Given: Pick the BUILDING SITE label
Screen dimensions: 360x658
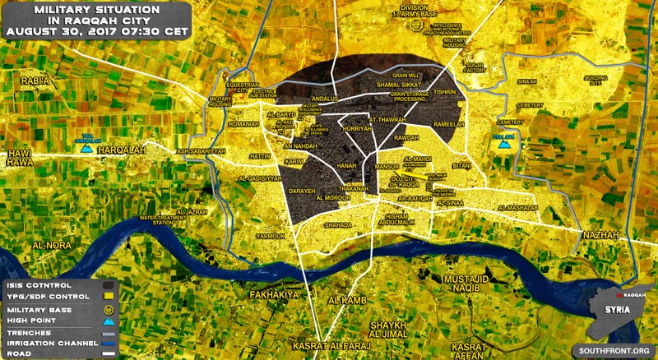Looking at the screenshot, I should (596, 79).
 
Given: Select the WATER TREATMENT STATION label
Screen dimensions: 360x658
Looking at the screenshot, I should (161, 219).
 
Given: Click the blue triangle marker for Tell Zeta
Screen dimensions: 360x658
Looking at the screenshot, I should (505, 145).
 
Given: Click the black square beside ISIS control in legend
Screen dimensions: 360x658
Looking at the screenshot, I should (108, 284).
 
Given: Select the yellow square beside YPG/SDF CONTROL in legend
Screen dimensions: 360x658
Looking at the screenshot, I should (108, 296).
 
